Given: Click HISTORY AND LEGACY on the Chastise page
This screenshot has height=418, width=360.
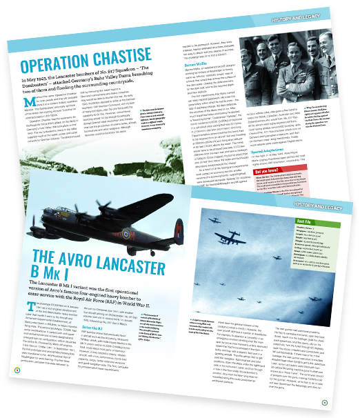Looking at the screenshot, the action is [x=330, y=15].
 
